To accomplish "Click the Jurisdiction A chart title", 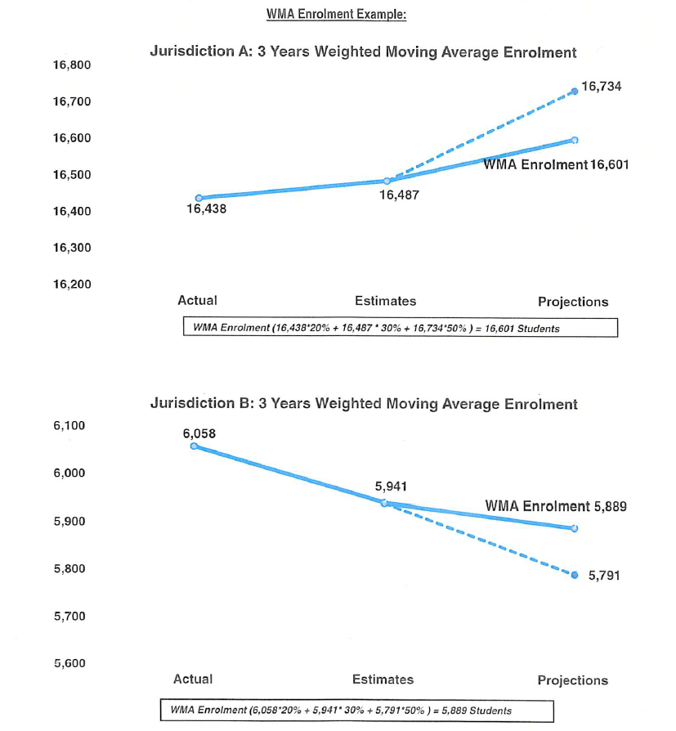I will click(363, 52).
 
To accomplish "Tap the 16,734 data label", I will click(601, 86).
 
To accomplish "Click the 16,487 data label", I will click(400, 196).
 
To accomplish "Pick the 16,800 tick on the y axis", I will click(71, 65).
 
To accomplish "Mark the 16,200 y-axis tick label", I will click(71, 284).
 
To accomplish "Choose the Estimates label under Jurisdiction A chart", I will click(385, 301).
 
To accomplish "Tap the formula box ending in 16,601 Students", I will click(400, 327).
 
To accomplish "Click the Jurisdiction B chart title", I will click(364, 404).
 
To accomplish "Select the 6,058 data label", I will click(199, 433).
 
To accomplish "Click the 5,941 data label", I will click(390, 487).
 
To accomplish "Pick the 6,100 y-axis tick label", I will click(69, 426).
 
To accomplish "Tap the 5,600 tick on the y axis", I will click(69, 663).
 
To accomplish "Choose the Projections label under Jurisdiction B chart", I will click(572, 680).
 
